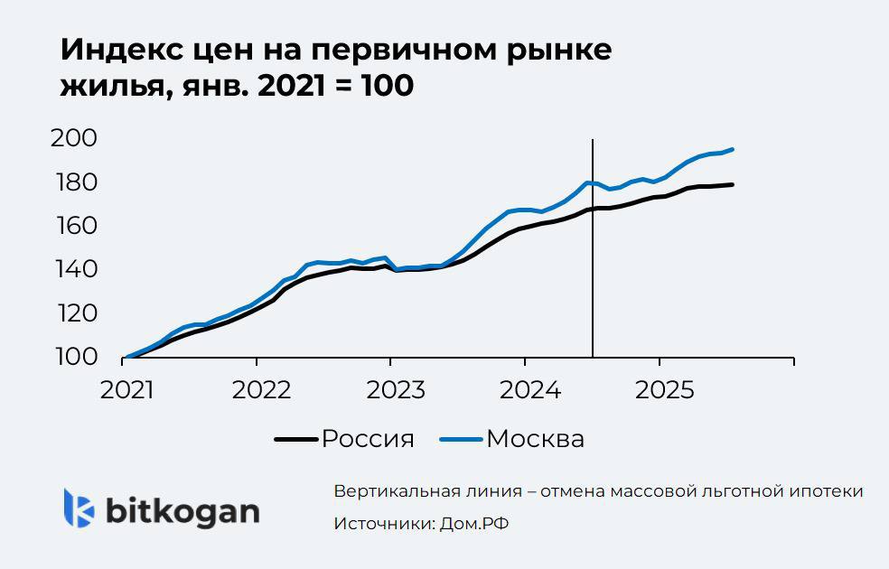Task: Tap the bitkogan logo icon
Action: click(x=79, y=508)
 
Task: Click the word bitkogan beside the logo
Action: click(x=182, y=510)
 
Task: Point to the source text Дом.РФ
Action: click(x=475, y=524)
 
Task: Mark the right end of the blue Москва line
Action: click(x=732, y=149)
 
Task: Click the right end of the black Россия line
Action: click(x=732, y=184)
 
